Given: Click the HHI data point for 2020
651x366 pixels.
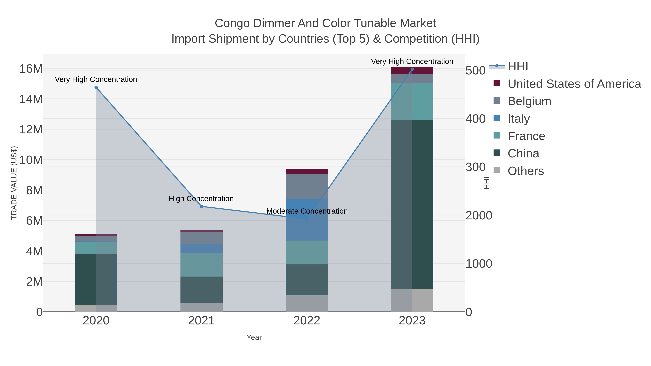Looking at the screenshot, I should click(96, 87).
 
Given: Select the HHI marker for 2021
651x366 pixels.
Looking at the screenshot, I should click(201, 206).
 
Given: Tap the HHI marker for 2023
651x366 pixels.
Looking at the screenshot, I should click(412, 69).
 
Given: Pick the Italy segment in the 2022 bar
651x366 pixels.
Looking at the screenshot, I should click(307, 220).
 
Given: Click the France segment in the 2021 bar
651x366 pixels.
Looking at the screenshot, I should click(201, 265).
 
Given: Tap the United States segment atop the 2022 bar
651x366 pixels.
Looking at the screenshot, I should click(307, 171).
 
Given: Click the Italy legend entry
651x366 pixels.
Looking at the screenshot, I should click(519, 119).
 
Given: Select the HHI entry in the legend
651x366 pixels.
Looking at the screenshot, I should click(518, 67).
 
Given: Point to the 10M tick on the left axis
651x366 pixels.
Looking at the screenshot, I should click(31, 160).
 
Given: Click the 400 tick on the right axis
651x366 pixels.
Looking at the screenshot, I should click(475, 119).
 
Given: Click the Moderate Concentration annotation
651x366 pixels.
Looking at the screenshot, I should click(307, 211).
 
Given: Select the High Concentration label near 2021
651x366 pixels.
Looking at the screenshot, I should click(201, 199).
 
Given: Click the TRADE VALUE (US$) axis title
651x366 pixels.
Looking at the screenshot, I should click(14, 183).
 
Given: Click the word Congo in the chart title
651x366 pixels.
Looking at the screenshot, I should click(232, 23).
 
